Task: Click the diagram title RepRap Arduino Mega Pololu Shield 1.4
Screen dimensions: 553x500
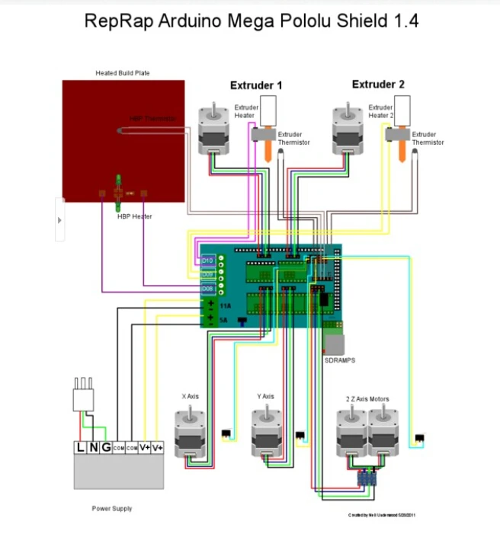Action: pos(252,21)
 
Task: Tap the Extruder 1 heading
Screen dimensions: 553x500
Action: pos(256,85)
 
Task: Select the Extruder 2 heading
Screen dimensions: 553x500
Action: pos(378,85)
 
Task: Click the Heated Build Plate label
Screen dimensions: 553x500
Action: pos(123,73)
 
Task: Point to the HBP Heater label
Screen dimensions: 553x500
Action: pos(134,216)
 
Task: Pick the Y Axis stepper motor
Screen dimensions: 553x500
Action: pos(265,433)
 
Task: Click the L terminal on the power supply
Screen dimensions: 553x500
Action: pos(81,447)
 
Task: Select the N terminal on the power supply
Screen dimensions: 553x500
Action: pos(93,447)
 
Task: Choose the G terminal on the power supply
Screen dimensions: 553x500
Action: pos(105,447)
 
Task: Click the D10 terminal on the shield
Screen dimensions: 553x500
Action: pos(208,260)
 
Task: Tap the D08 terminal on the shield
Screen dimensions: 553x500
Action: pos(208,289)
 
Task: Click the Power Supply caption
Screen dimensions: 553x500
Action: pos(111,508)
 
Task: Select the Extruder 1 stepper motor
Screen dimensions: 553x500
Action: pos(211,129)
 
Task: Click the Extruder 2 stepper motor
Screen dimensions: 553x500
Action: pos(345,129)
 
